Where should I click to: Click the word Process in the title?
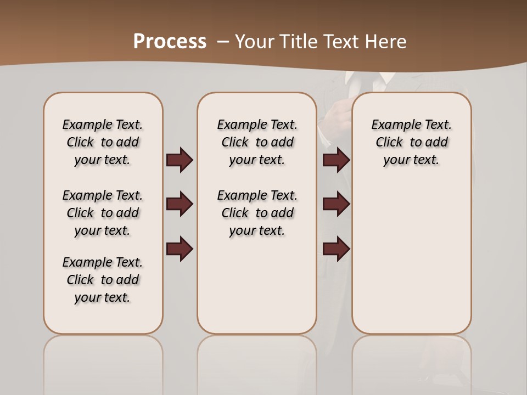click(170, 42)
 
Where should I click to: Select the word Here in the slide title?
click(386, 42)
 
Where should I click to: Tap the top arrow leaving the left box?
click(180, 160)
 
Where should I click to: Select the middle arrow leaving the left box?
click(180, 204)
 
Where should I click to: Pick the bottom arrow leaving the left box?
click(180, 248)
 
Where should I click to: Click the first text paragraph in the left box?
click(103, 142)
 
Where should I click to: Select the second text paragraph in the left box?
click(103, 213)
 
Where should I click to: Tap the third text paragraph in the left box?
click(103, 280)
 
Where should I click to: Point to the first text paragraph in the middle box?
click(257, 142)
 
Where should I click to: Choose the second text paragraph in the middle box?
click(257, 213)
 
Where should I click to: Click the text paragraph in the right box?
click(412, 142)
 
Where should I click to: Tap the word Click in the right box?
click(389, 143)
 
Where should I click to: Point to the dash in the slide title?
click(223, 42)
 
